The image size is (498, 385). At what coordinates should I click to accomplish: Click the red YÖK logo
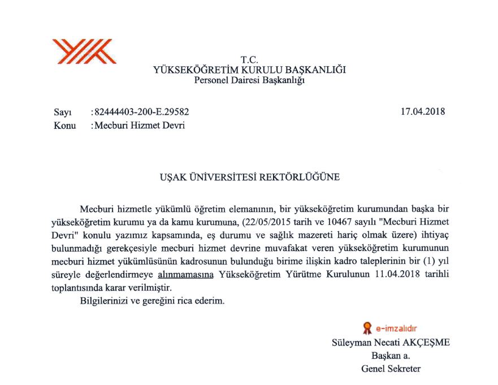pos(84,51)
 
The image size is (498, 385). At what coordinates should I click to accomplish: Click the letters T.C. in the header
pos(249,59)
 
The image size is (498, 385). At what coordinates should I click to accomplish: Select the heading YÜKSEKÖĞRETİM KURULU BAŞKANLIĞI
pos(249,70)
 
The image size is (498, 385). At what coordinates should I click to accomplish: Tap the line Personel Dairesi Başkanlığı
pos(249,80)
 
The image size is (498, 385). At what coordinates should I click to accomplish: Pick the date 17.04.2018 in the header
pos(423,111)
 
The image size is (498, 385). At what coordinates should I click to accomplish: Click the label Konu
pos(64,126)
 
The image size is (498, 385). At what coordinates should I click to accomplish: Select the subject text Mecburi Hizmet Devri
pos(139,126)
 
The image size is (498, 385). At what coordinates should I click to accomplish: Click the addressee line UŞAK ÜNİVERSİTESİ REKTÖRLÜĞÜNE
pos(249,177)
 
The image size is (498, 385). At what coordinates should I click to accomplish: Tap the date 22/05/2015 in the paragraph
pos(268,219)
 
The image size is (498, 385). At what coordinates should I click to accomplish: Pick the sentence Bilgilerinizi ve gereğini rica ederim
pos(153,301)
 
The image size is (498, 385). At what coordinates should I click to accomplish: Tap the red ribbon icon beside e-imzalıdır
pos(367,327)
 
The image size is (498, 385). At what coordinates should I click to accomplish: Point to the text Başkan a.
pos(391,356)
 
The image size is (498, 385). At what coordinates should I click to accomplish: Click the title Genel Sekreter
pos(391,369)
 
